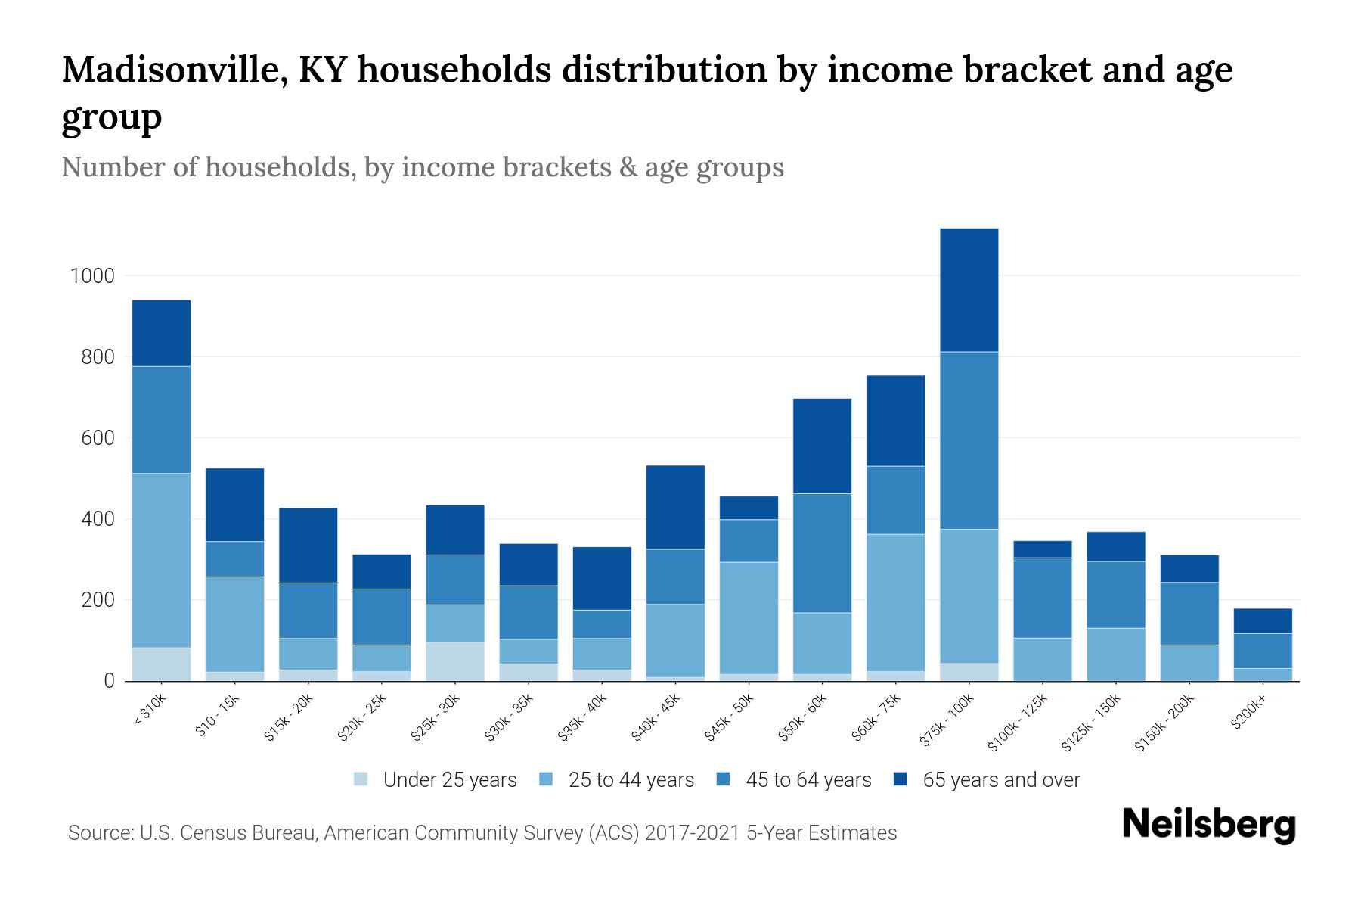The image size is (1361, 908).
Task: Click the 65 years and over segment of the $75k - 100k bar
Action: coord(969,290)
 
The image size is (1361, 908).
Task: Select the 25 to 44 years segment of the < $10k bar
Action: coord(161,560)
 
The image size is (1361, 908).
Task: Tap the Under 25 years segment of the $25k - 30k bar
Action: coord(455,661)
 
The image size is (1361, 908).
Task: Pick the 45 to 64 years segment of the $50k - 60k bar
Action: coord(822,553)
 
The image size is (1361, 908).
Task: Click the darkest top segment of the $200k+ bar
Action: coord(1263,620)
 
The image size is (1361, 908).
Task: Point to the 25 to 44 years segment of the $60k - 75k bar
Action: coord(895,602)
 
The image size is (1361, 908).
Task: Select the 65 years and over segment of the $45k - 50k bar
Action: coord(749,508)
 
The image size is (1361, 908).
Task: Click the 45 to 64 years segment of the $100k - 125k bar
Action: coord(1043,598)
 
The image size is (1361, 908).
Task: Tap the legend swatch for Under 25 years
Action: coord(361,779)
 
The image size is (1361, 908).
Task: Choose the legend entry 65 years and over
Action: coord(1000,779)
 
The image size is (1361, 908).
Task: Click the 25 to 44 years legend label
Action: coord(631,779)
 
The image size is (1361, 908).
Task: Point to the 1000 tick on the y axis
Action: coord(92,276)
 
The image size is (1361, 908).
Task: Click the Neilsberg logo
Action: coord(1208,824)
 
